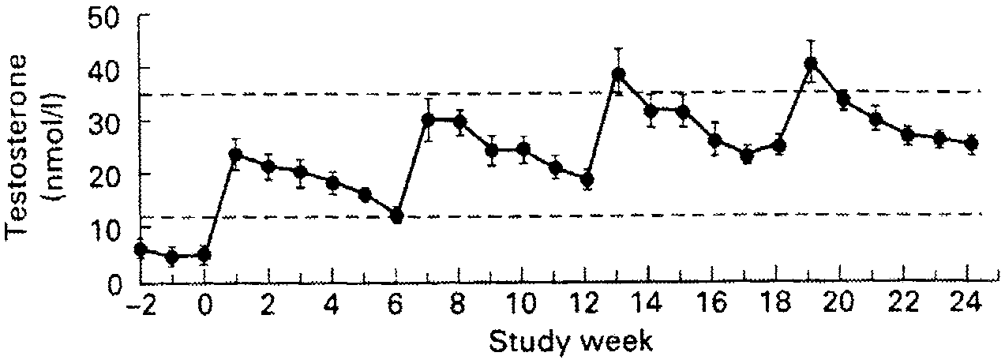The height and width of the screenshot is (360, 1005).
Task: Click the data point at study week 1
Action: pos(236,155)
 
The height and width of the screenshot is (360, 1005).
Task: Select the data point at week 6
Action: pos(396,216)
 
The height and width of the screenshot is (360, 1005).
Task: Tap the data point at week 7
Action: pos(429,120)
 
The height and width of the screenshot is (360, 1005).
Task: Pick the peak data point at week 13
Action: pos(619,75)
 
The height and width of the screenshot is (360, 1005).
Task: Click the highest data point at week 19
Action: pos(810,63)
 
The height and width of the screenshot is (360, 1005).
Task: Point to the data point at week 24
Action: pos(971,143)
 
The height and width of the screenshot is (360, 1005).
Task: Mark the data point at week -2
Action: pos(141,249)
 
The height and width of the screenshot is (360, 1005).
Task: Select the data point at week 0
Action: pos(204,254)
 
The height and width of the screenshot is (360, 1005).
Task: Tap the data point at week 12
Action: pos(587,179)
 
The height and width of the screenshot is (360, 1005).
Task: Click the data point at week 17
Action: pos(746,156)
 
